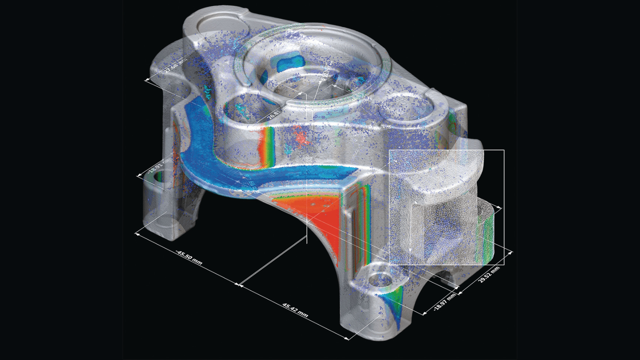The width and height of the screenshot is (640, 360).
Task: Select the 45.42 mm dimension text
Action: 295,310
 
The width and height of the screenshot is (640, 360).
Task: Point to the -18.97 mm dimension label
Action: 445,301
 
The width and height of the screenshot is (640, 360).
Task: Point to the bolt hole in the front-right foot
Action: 378,278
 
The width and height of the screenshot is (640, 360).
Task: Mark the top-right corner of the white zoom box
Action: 504,150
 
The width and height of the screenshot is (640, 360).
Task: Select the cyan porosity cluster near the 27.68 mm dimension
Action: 208,93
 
